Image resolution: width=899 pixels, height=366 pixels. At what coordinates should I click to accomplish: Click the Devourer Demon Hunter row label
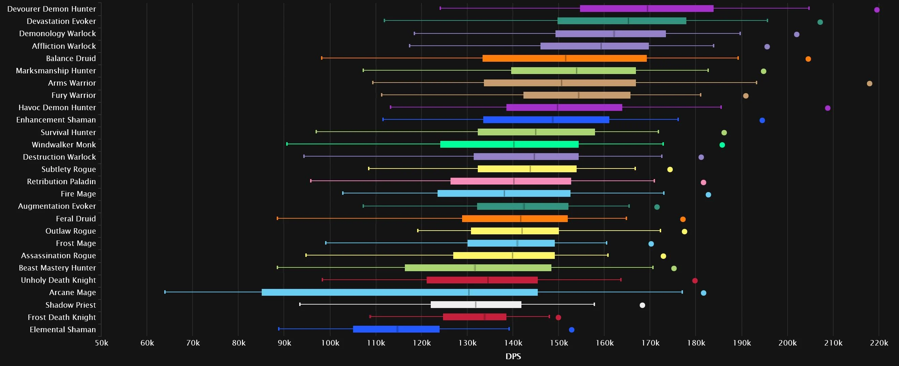pos(51,9)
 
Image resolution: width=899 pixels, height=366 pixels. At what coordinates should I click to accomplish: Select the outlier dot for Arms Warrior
pos(869,84)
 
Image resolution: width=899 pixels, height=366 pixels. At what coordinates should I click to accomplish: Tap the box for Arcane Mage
pos(400,292)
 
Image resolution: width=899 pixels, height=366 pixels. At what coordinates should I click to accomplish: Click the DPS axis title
pos(513,356)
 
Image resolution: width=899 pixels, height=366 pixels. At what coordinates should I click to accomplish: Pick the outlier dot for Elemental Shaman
pos(571,330)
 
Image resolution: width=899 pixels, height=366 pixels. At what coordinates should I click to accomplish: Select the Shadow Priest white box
pos(476,305)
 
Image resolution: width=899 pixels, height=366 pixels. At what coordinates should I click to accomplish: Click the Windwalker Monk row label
pos(63,145)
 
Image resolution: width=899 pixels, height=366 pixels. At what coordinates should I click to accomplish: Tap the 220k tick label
pos(879,343)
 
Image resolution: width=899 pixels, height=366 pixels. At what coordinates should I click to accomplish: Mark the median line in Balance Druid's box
pos(566,58)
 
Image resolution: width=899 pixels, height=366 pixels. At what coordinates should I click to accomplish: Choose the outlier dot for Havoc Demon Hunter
pos(827,108)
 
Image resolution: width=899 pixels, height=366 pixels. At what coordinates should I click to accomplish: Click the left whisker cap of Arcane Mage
pos(165,292)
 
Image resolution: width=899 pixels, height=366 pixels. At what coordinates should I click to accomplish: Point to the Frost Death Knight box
pos(475,317)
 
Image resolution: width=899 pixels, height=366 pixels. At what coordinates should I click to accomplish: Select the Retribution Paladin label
pos(61,181)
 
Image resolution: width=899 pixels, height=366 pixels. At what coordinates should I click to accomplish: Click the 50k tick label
pos(102,343)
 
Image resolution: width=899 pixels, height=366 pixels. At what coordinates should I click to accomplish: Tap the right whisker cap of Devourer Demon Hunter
pos(809,8)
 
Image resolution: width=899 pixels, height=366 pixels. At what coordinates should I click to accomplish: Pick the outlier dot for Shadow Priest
pos(642,305)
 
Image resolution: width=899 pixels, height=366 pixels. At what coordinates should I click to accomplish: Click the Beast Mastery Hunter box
pos(478,268)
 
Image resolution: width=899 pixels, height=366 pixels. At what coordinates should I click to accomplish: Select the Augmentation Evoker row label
pos(57,206)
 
